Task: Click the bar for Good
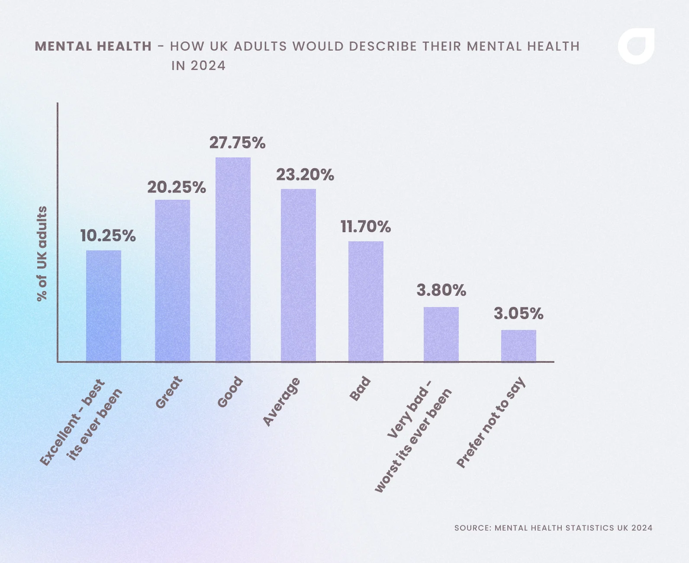[233, 259]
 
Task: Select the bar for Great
[172, 281]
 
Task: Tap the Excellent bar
[103, 306]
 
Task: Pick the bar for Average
[298, 275]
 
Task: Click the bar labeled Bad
[366, 301]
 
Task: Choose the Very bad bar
[441, 334]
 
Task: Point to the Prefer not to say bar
[518, 346]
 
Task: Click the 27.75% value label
[237, 143]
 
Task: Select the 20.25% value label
[176, 187]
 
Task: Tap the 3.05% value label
[518, 313]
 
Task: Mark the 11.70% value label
[365, 227]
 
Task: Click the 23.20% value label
[305, 175]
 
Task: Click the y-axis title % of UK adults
[42, 253]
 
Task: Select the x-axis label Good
[230, 392]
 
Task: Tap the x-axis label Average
[281, 402]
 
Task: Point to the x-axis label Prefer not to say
[491, 423]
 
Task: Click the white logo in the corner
[636, 46]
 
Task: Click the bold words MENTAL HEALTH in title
[93, 46]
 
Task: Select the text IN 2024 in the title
[198, 66]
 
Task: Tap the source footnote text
[553, 528]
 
